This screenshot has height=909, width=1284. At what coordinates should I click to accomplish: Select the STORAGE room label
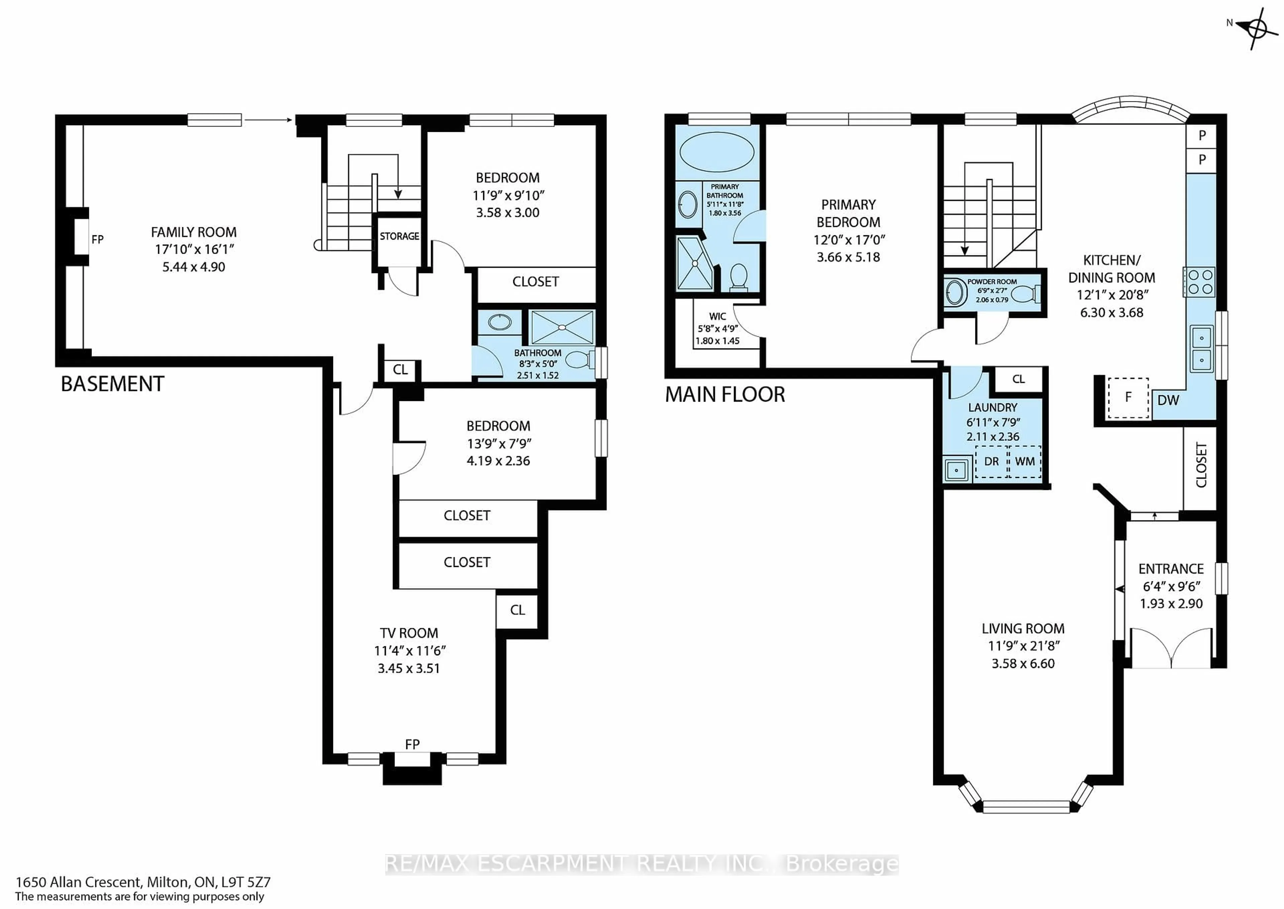tap(399, 236)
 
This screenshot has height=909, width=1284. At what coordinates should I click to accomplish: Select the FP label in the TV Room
tap(412, 744)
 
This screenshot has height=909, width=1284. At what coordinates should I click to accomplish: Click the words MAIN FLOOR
tap(725, 395)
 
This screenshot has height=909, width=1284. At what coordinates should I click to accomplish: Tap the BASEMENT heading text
tap(112, 384)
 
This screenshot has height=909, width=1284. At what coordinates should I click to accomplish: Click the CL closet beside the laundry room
tap(1019, 380)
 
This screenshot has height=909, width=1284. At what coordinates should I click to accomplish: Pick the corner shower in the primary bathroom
tap(694, 264)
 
